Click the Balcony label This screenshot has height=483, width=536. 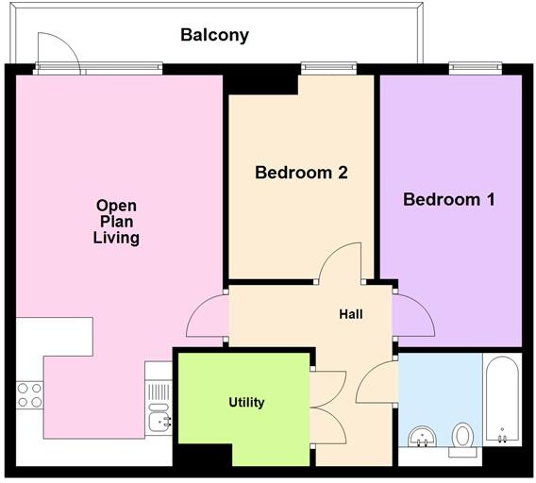[215, 36]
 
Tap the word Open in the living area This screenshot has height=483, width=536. [116, 206]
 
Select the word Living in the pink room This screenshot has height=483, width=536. [116, 238]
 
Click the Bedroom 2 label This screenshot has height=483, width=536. [302, 173]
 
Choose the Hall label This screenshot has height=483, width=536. [351, 314]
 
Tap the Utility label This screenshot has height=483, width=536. [246, 402]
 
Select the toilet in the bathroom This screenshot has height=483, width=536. [463, 437]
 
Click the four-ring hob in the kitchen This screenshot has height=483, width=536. [29, 394]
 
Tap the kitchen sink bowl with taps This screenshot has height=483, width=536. [159, 421]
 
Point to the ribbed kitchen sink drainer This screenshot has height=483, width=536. [159, 391]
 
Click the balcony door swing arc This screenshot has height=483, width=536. [53, 47]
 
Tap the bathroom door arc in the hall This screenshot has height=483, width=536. [375, 380]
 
